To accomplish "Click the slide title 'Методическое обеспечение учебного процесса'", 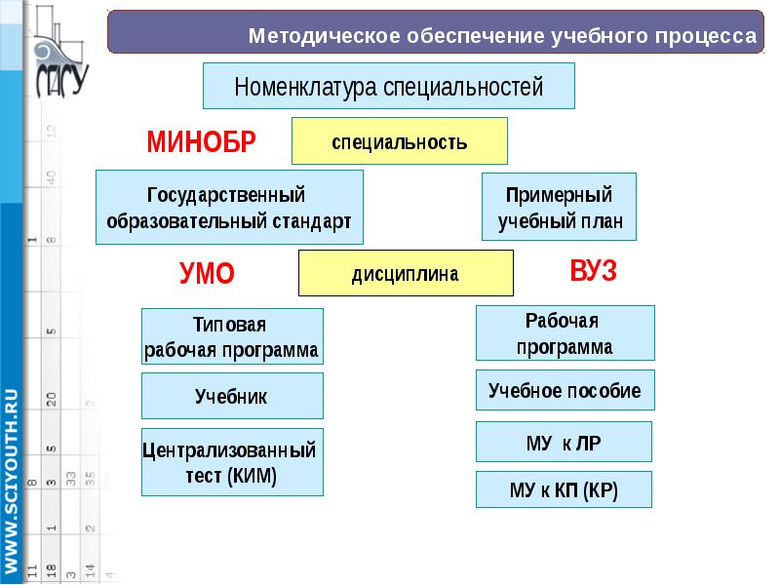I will coord(502,37).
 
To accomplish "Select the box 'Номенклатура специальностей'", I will coord(388,87).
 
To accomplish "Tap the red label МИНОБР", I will coord(201,142).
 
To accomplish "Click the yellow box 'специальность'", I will coord(400,141).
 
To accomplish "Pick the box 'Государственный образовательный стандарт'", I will coord(229,207).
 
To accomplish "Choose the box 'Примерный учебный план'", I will coord(559,207).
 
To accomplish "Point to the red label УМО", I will coord(207,273).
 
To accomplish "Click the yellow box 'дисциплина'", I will coord(405,273).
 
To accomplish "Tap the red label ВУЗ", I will coord(593,271).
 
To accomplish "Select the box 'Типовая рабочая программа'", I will coord(232,336).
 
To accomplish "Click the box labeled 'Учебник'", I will coord(232,396).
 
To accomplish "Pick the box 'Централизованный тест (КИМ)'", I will coord(232,462).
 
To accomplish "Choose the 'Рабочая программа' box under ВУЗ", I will coord(565,333).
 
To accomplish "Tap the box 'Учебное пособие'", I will coord(565,390).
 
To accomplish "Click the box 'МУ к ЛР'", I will coord(564,442).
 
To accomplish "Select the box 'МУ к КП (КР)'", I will coord(564,489).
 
